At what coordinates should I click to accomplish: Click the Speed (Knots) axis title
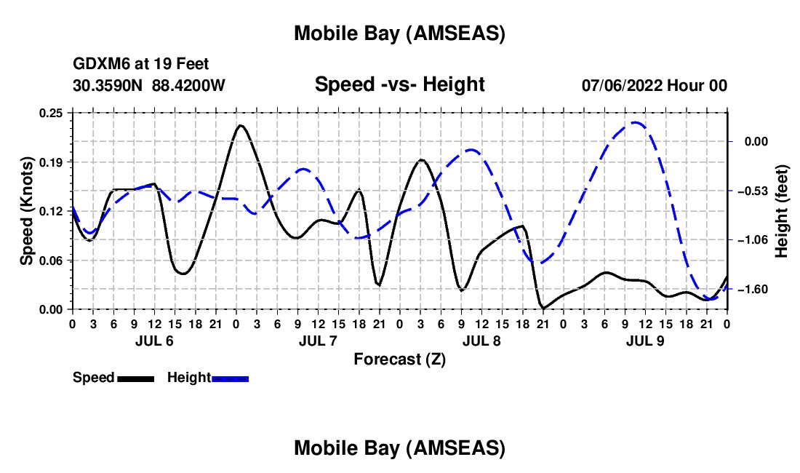[x=27, y=211]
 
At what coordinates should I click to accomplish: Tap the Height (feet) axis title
[x=782, y=211]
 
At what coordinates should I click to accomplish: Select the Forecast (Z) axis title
[x=399, y=359]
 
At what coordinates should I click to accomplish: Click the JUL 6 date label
[x=154, y=340]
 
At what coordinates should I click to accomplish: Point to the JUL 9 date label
[x=645, y=340]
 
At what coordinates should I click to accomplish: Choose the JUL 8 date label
[x=481, y=340]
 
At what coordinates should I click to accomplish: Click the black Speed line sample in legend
[x=135, y=378]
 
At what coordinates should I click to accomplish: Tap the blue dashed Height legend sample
[x=230, y=378]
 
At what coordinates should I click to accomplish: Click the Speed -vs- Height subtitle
[x=399, y=85]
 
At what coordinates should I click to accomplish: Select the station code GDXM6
[x=99, y=64]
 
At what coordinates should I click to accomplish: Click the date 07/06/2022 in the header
[x=623, y=86]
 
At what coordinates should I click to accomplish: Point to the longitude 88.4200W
[x=188, y=86]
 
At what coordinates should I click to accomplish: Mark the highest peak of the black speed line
[x=240, y=125]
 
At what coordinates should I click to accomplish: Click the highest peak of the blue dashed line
[x=636, y=122]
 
